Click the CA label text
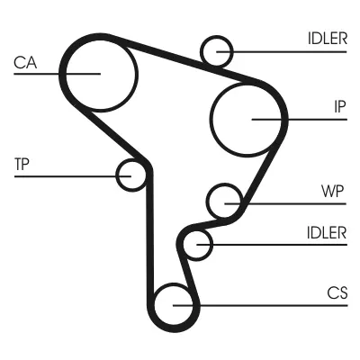25,63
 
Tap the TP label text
22,164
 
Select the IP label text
340,106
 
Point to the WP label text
332,191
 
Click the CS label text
337,292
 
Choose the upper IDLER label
328,39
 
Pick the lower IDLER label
327,232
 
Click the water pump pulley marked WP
224,184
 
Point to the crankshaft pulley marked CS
174,283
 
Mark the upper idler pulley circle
217,37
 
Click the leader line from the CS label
260,306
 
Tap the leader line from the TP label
73,176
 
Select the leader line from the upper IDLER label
282,52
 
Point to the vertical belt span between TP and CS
150,237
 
